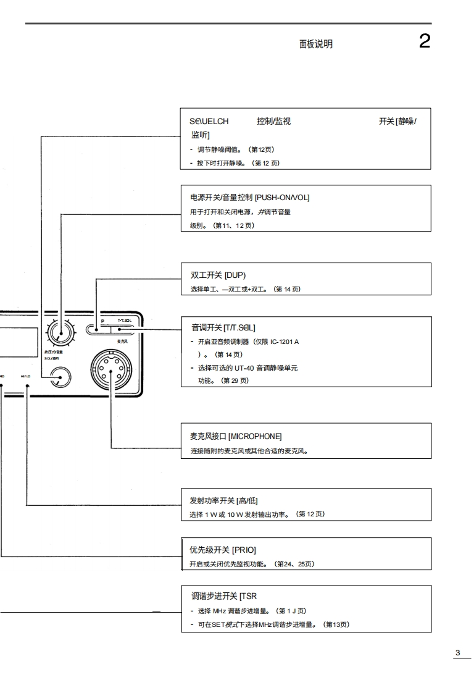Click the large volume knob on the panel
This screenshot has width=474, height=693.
pyautogui.click(x=60, y=332)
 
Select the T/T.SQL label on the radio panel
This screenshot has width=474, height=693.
pyautogui.click(x=123, y=321)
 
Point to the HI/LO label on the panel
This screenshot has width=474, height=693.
pyautogui.click(x=27, y=375)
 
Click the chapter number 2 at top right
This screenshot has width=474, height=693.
pyautogui.click(x=425, y=41)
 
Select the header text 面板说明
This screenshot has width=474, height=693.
pyautogui.click(x=315, y=44)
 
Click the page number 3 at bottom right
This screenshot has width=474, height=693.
pyautogui.click(x=458, y=653)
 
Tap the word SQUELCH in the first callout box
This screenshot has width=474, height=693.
pyautogui.click(x=209, y=122)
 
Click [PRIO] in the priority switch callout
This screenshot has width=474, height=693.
pyautogui.click(x=244, y=550)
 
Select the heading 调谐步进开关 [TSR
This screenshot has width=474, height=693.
pyautogui.click(x=223, y=596)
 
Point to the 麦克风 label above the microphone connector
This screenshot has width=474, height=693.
pyautogui.click(x=122, y=341)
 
